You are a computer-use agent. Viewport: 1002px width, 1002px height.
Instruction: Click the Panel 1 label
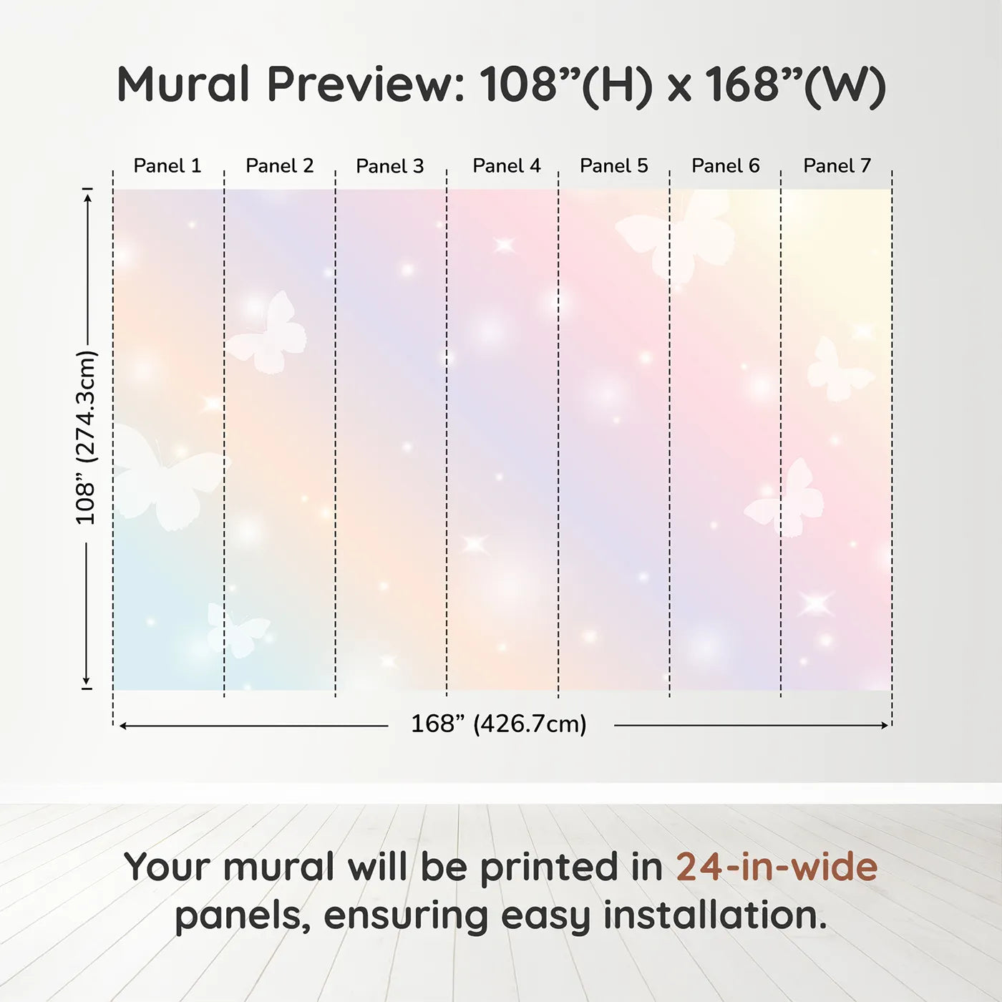click(167, 166)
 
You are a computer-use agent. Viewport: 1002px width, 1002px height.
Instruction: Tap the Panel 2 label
click(280, 166)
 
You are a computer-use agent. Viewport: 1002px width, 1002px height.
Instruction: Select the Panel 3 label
click(390, 166)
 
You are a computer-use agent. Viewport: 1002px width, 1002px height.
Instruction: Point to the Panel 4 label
click(507, 166)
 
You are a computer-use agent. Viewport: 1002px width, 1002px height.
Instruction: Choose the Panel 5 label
click(614, 166)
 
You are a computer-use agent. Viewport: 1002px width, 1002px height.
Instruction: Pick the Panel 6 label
click(725, 166)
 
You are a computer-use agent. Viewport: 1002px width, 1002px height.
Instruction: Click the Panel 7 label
click(837, 166)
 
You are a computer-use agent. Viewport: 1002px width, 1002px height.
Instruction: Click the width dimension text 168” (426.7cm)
click(499, 724)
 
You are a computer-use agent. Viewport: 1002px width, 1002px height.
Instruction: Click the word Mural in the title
click(183, 84)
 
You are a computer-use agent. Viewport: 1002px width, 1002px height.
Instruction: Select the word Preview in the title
click(365, 84)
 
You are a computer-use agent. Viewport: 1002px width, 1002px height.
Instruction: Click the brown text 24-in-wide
click(777, 867)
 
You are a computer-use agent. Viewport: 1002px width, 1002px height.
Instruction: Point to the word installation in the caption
click(715, 915)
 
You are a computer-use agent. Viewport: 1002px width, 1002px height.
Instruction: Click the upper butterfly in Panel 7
click(838, 370)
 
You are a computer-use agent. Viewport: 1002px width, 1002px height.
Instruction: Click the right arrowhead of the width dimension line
click(885, 725)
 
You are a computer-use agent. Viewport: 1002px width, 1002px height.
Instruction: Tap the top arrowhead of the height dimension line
click(88, 198)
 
